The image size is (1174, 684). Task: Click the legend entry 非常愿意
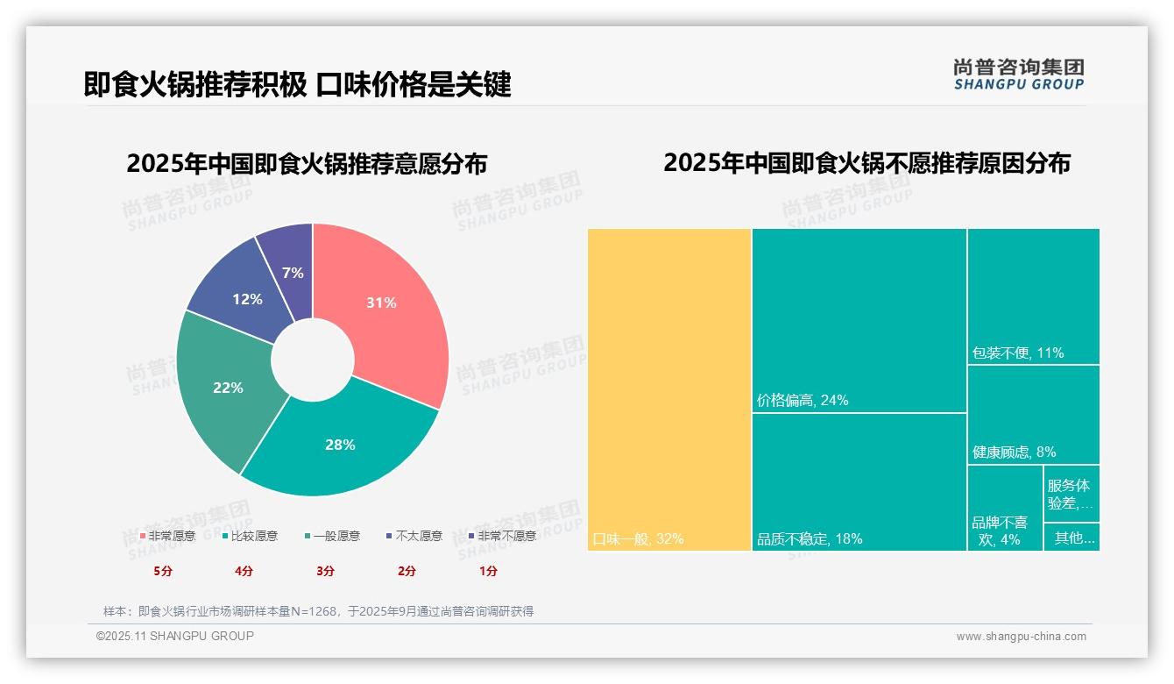(x=167, y=536)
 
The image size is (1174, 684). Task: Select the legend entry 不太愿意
(x=414, y=536)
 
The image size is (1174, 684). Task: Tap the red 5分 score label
(x=163, y=571)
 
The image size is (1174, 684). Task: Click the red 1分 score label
(x=488, y=571)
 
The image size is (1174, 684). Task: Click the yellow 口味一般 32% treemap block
(x=669, y=389)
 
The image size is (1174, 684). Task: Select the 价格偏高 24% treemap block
(x=859, y=320)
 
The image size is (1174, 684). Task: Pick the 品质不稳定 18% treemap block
(x=859, y=481)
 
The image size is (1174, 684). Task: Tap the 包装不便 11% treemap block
(x=1033, y=296)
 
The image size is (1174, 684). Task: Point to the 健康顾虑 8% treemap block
(x=1033, y=414)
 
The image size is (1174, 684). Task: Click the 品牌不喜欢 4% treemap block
(x=1004, y=509)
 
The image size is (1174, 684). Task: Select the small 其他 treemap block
(x=1071, y=538)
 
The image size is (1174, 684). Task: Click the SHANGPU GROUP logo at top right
(x=1018, y=75)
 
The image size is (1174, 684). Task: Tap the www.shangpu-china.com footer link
(x=1021, y=637)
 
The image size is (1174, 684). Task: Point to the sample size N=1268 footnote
(x=318, y=611)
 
